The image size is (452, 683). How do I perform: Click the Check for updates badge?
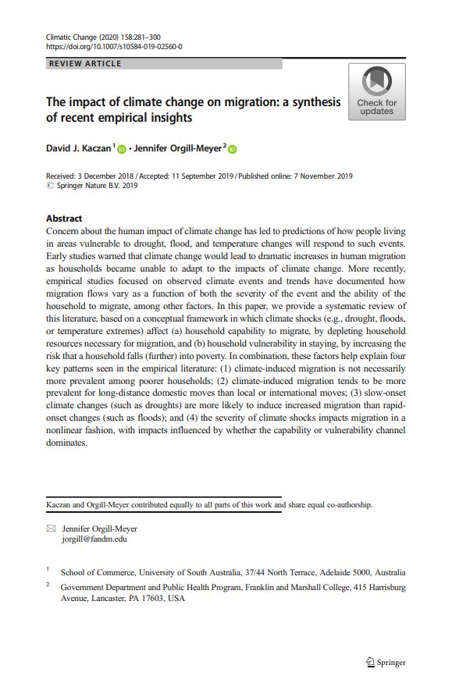(376, 92)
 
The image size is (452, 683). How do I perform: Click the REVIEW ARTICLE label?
(85, 64)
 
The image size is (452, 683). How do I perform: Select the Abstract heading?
(64, 219)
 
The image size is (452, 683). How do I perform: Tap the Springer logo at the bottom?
(386, 663)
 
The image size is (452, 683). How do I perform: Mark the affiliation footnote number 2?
(48, 584)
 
